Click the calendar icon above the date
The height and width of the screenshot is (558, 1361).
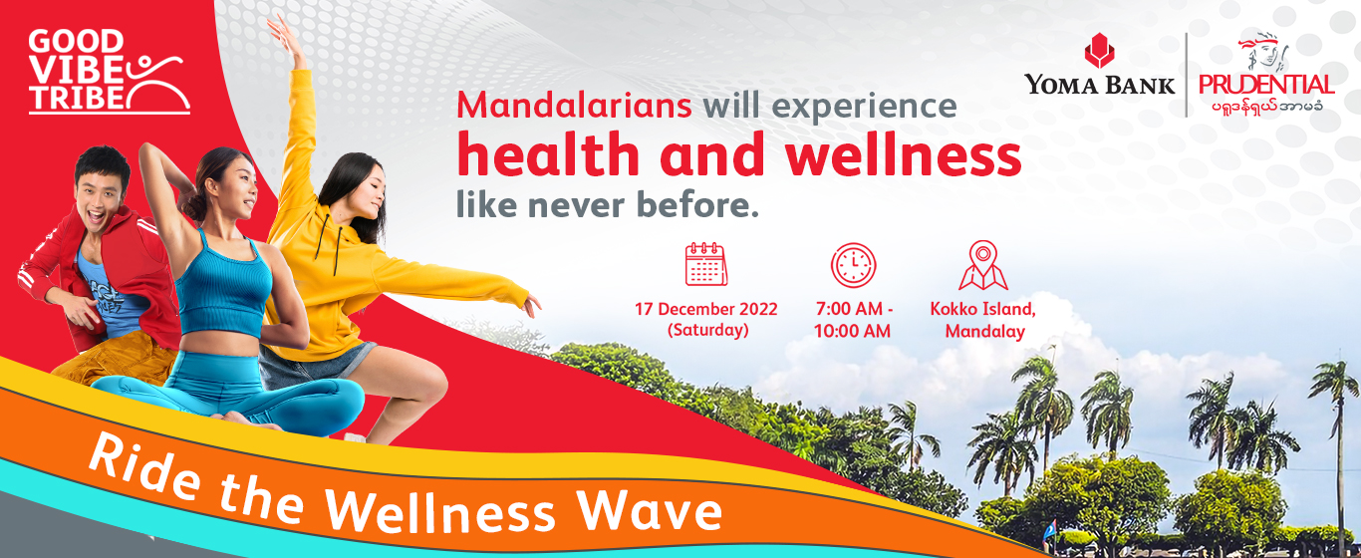tap(705, 264)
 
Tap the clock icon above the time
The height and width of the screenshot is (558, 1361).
tap(853, 265)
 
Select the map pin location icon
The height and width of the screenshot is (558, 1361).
tap(982, 265)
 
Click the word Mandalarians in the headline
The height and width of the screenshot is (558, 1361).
tap(574, 106)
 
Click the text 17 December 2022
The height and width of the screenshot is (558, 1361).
tap(705, 309)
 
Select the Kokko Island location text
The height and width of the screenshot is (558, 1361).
tap(982, 309)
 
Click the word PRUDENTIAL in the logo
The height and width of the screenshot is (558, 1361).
tap(1265, 85)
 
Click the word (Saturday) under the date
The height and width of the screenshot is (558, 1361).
tap(707, 330)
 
